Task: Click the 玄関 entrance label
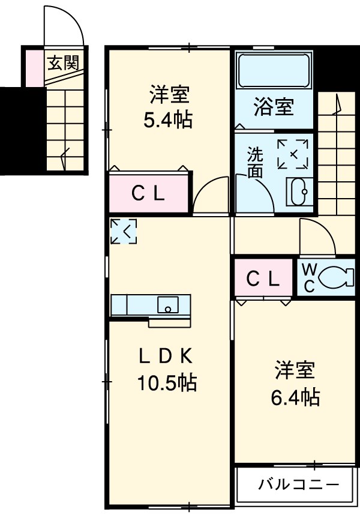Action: click(62, 61)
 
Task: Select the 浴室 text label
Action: click(273, 108)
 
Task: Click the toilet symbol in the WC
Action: click(333, 277)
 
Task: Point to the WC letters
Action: click(309, 277)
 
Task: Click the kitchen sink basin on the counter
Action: click(168, 305)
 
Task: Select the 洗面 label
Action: click(255, 162)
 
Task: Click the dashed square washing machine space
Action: click(293, 154)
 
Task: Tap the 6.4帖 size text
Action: click(294, 397)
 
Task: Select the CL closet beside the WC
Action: click(263, 278)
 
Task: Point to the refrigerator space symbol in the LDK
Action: click(124, 232)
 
